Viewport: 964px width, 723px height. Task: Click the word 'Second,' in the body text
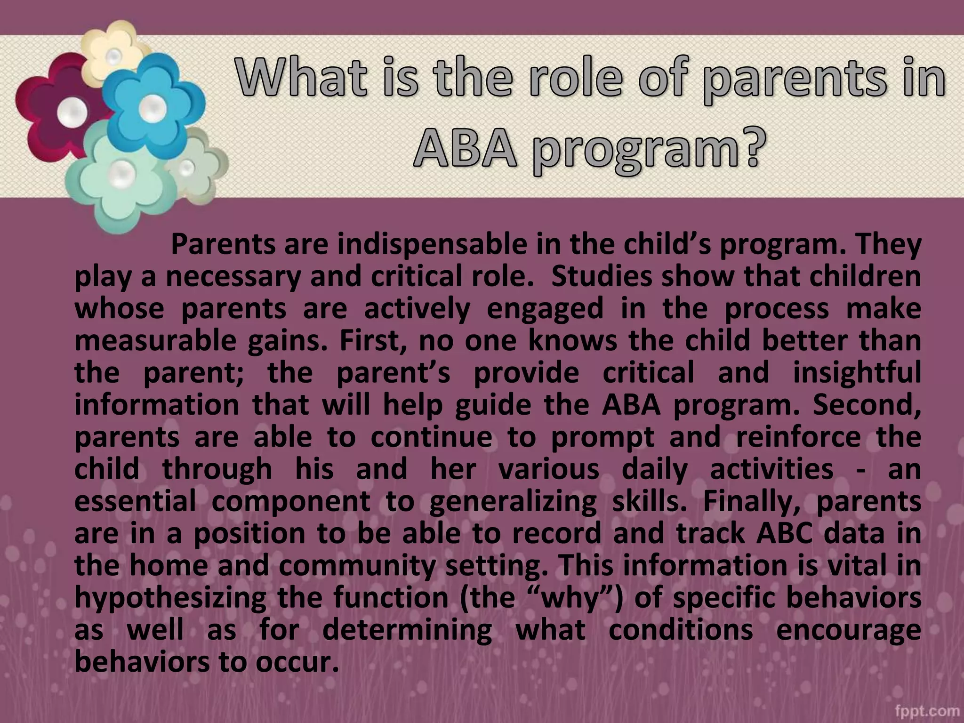(867, 405)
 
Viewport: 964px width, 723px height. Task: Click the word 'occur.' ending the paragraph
(297, 662)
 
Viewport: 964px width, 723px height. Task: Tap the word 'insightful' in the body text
(857, 373)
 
